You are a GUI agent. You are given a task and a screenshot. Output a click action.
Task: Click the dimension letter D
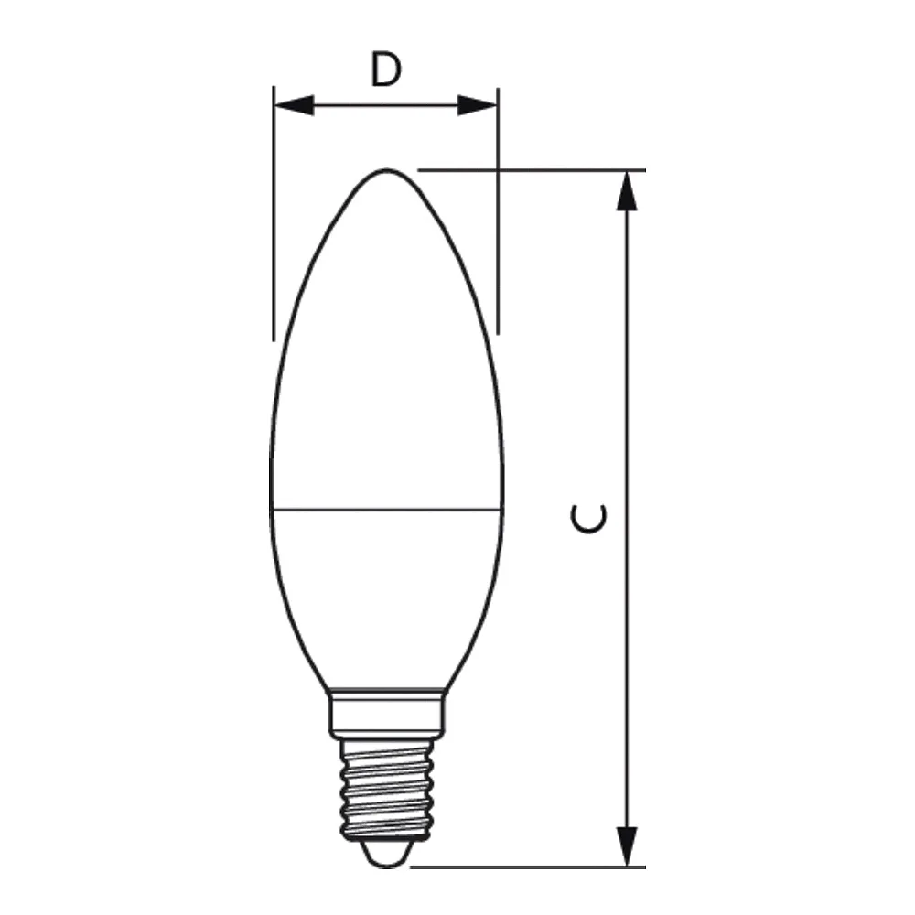[386, 70]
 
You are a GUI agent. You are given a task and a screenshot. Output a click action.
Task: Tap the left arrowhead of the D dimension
[294, 105]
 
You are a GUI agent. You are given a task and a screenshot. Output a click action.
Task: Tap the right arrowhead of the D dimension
[478, 105]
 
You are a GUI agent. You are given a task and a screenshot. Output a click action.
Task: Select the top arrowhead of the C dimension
[627, 190]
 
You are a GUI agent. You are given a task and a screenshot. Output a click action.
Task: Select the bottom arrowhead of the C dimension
[627, 846]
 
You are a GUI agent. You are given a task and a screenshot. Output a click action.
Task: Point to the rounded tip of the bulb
[386, 170]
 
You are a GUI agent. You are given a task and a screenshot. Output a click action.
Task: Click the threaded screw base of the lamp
[387, 789]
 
